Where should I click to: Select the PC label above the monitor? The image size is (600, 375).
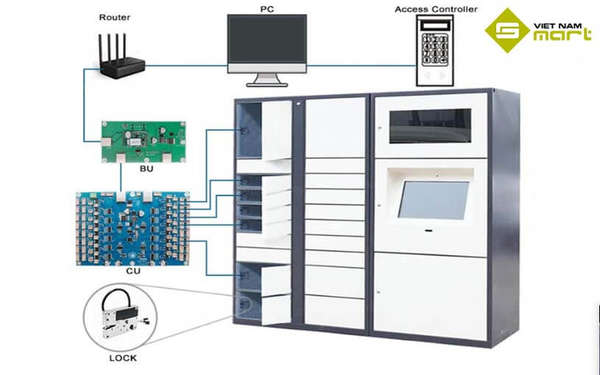[267, 8]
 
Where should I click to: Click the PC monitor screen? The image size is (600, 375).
[267, 41]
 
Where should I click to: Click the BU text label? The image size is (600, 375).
[145, 168]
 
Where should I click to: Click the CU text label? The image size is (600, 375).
[133, 271]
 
